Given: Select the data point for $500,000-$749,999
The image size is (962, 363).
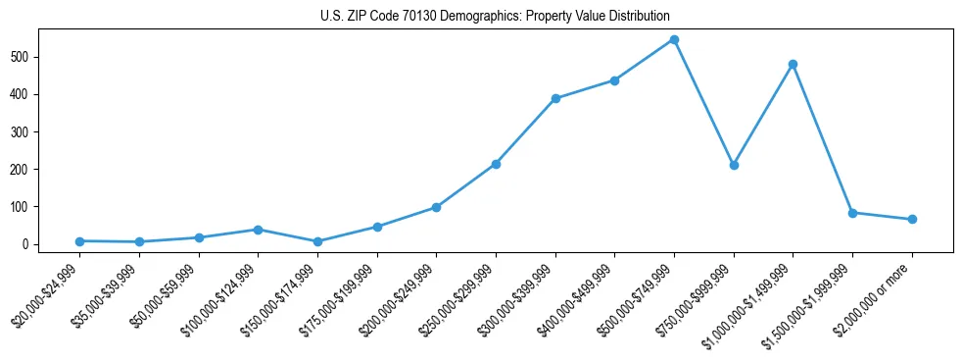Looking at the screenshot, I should coord(674,40).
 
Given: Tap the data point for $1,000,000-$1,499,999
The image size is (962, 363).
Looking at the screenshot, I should coord(793,65).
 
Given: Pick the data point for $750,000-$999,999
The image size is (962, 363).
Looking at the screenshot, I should coord(734,165).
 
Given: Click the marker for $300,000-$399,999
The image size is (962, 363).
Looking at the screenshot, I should coord(555,98).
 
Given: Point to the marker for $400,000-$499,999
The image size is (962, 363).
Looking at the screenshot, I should coord(614,80).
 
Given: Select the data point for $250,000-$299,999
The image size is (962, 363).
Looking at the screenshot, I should coord(496,164).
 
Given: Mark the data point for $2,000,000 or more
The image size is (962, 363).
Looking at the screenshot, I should coord(912,219).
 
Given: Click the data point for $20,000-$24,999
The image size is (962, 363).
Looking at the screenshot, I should coord(79,241).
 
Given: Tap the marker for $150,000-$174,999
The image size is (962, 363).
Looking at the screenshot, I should coord(317,241).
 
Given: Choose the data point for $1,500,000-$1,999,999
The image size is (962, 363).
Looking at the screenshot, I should coord(852,213).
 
